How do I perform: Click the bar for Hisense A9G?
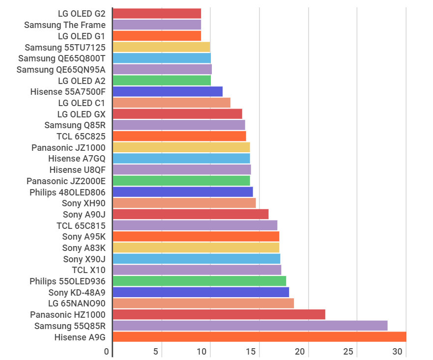click(260, 336)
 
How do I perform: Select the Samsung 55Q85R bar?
click(250, 326)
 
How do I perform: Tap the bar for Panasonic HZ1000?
click(219, 314)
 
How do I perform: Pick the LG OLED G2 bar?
click(157, 13)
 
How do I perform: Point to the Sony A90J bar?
click(191, 214)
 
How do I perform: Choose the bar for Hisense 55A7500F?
click(168, 91)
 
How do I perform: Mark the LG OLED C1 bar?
click(172, 103)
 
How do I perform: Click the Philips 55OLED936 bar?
click(200, 281)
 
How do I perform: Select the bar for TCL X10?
click(197, 270)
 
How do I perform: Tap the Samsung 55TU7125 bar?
click(161, 47)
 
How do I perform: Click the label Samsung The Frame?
click(65, 25)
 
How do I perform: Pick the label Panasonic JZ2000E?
click(66, 181)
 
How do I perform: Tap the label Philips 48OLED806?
click(67, 192)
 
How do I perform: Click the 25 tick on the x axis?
click(348, 352)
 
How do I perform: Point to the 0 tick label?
click(107, 352)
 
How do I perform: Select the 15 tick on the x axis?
click(251, 352)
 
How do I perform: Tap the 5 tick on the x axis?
click(156, 352)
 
